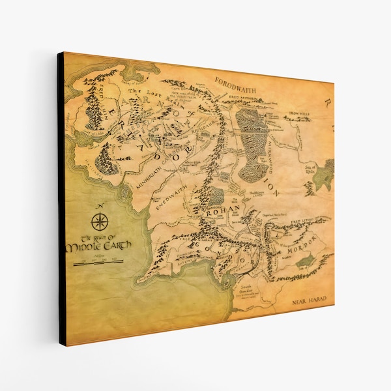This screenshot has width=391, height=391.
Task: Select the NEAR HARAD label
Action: point(309,301)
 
